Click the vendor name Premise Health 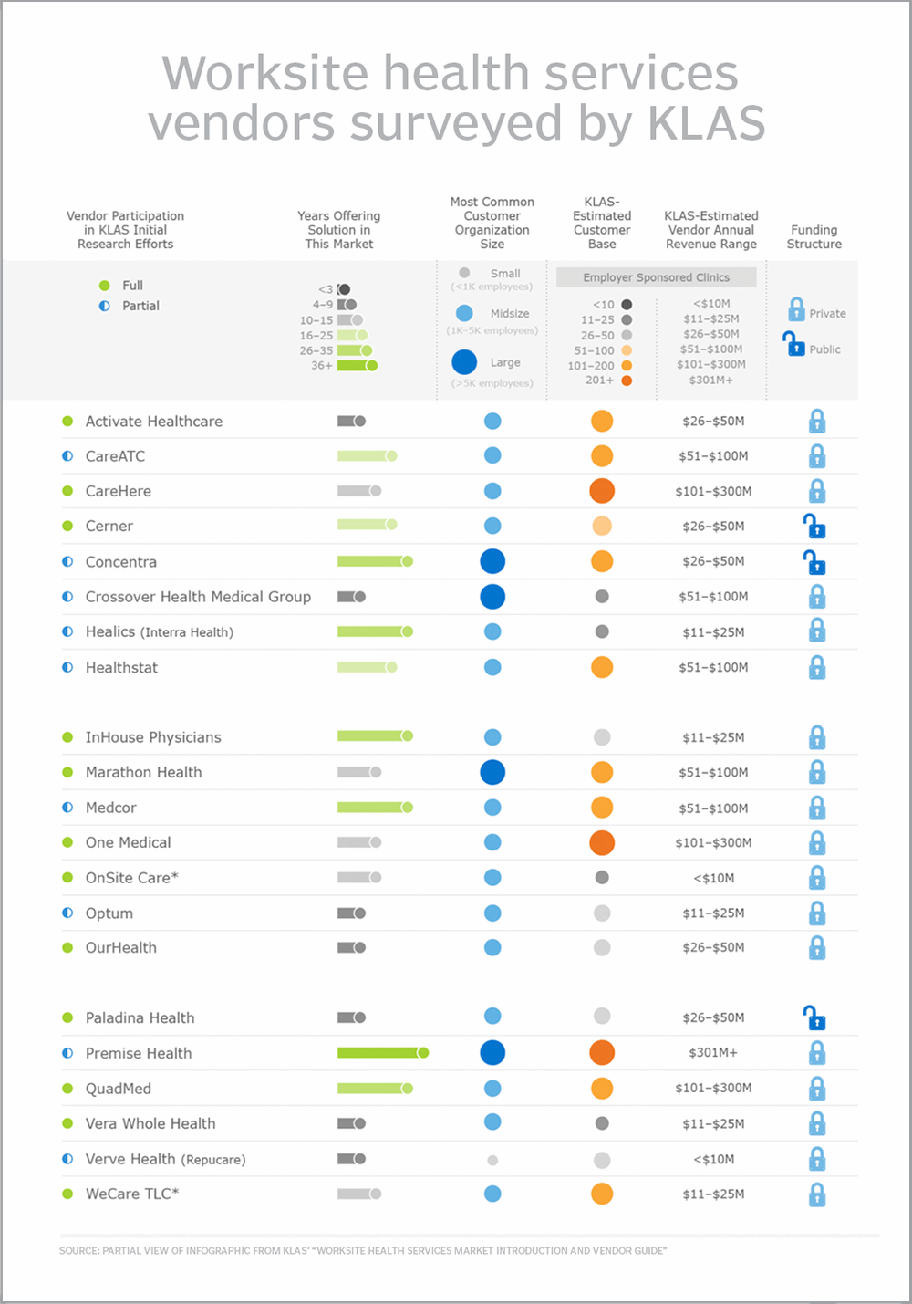[139, 1053]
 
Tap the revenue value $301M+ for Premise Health [713, 1053]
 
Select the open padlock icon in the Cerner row [814, 527]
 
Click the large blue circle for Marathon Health [492, 772]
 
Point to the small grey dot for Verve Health [492, 1160]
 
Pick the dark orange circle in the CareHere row [602, 491]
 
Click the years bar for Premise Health [382, 1053]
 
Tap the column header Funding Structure [814, 237]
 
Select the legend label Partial [140, 306]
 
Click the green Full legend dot [105, 286]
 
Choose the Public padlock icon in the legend [794, 345]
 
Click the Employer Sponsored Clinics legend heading [657, 277]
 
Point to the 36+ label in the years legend [321, 365]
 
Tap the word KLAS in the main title [707, 123]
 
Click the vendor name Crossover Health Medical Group [198, 597]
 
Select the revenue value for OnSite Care [713, 878]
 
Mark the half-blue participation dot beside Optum [67, 913]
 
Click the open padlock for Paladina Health [814, 1017]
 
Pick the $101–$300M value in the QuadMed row [713, 1088]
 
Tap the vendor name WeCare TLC [131, 1194]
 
